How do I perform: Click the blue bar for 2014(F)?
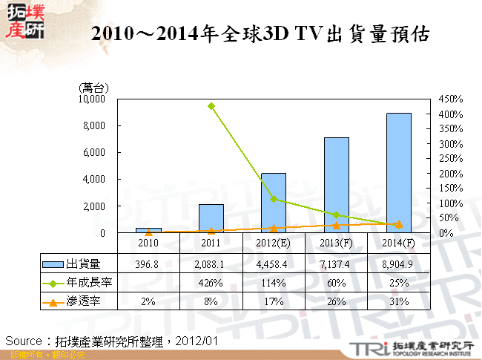point(399,173)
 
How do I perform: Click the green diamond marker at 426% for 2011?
point(211,106)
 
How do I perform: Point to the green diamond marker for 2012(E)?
point(274,199)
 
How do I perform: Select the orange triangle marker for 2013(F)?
point(336,225)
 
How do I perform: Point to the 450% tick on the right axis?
point(451,99)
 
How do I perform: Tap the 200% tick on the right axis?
point(451,174)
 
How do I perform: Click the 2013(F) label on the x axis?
point(336,243)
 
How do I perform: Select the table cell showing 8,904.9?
point(399,264)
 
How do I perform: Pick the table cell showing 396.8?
point(149,264)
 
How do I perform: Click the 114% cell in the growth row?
point(274,282)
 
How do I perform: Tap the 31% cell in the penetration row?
point(399,301)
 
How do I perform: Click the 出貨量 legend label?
point(83,264)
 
